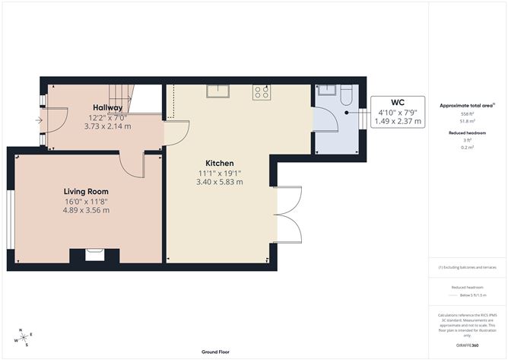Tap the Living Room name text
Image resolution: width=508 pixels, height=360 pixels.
tap(85, 191)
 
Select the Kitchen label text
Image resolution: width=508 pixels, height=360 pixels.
tap(219, 163)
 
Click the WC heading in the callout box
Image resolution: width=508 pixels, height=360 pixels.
tap(398, 102)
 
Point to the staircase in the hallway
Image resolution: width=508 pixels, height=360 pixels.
tap(122, 97)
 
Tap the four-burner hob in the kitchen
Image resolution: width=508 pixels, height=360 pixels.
tap(261, 91)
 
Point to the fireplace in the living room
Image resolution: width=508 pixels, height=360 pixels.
tap(95, 256)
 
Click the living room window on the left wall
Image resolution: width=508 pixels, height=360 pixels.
tap(11, 218)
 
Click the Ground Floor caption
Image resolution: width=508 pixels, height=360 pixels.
tap(217, 352)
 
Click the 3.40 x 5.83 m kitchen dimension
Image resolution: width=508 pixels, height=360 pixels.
tap(219, 182)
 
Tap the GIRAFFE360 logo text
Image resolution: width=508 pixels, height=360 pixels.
tap(467, 346)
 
